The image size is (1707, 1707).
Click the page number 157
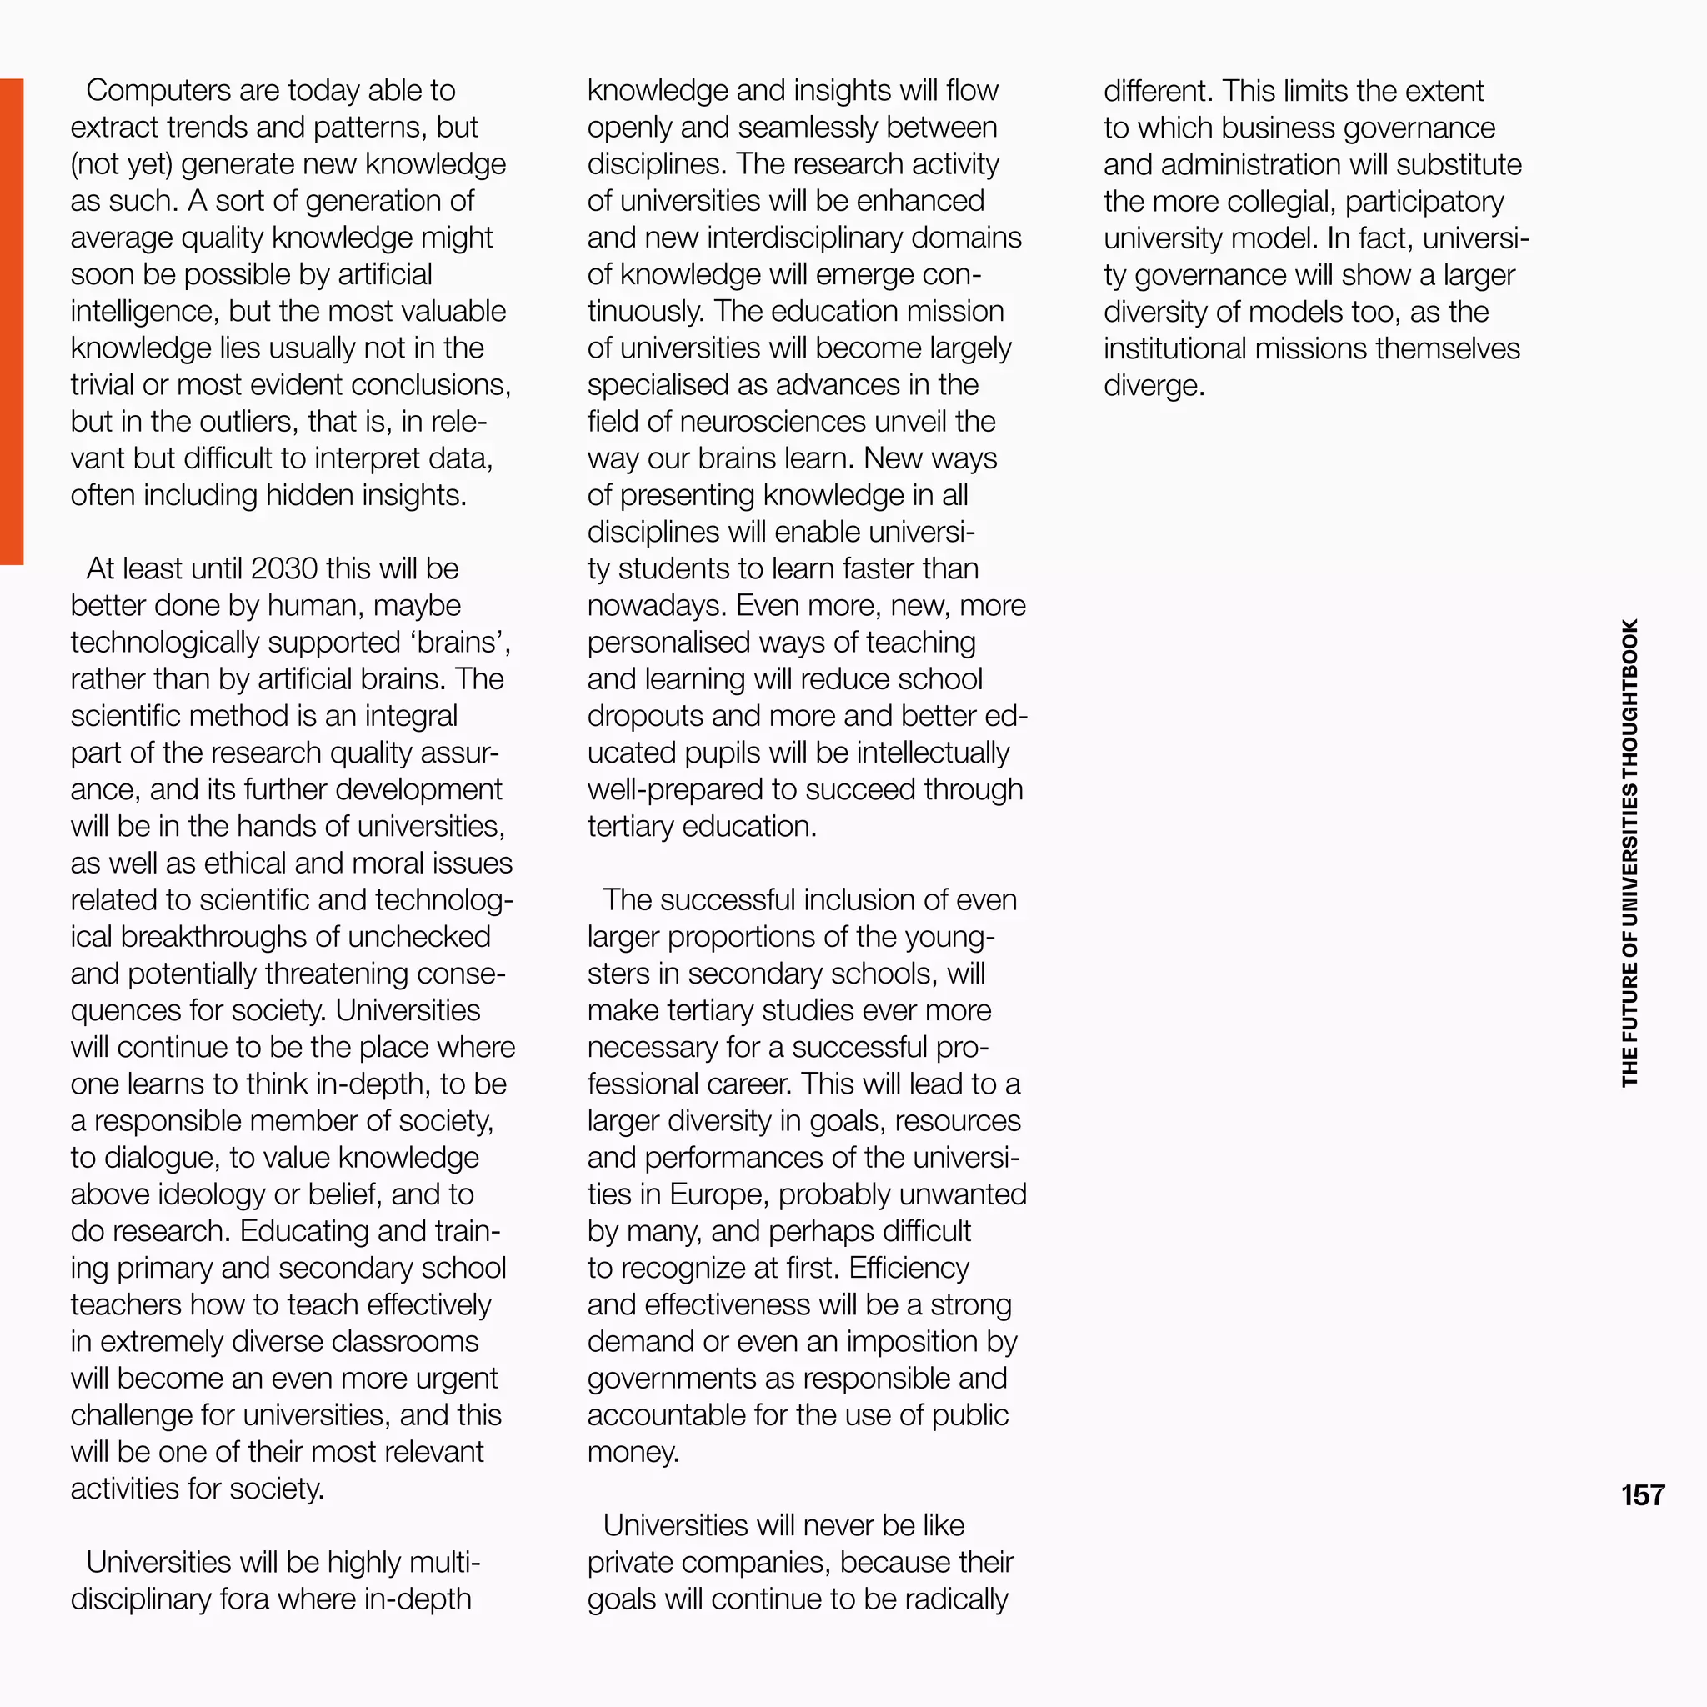(1643, 1495)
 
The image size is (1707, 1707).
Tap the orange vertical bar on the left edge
(12, 321)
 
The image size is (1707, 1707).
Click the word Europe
(719, 1194)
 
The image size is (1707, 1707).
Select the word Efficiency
(909, 1268)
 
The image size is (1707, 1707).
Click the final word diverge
(1153, 385)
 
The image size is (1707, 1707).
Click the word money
(632, 1452)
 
